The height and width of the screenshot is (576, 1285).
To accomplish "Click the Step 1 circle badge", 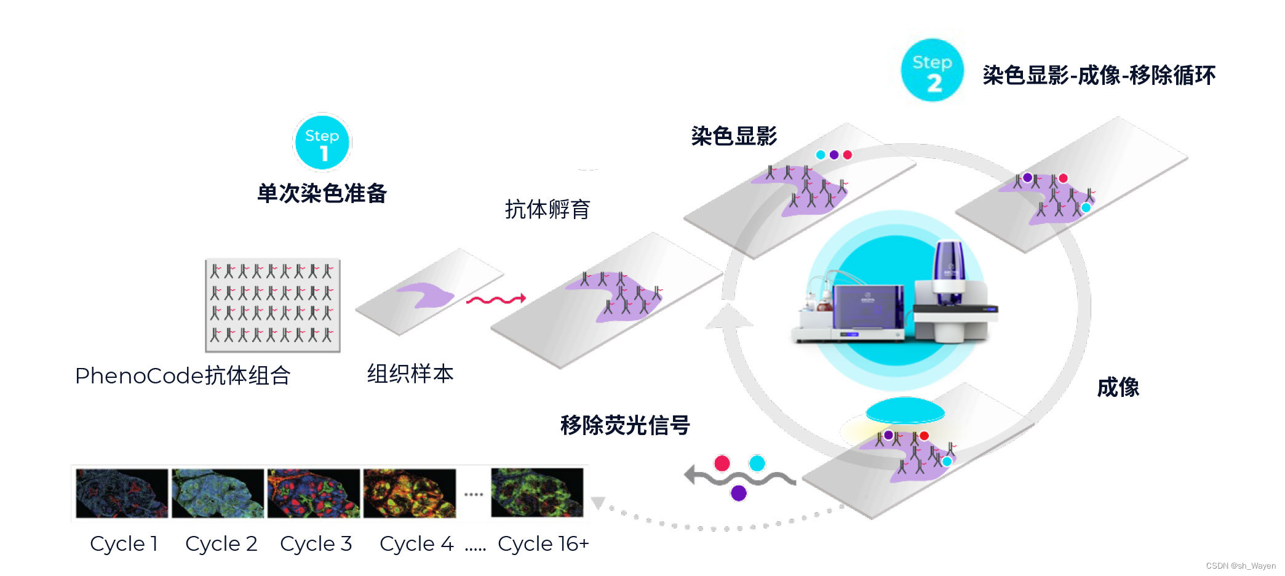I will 322,143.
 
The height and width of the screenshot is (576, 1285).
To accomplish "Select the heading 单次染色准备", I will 322,193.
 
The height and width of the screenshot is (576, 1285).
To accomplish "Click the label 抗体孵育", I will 547,209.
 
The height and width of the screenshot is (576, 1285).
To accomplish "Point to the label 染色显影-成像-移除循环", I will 1099,76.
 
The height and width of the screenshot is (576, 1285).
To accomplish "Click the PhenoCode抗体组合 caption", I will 183,375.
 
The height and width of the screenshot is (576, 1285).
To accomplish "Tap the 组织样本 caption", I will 410,374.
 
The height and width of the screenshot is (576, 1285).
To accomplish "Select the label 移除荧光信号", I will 625,425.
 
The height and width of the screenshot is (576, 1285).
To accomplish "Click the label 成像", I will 1118,388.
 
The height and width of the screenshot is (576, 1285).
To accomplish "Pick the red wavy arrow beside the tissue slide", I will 496,300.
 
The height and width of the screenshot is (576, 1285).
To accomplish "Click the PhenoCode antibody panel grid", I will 273,305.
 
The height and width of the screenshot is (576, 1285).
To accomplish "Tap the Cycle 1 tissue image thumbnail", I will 122,493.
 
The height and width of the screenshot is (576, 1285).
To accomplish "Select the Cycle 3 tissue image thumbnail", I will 314,493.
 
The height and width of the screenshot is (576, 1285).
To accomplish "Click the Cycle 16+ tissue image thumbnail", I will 537,492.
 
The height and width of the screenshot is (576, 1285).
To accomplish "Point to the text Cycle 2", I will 221,544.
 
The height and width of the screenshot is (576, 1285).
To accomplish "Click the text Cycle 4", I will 416,544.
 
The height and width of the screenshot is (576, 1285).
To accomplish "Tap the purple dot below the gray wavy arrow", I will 738,493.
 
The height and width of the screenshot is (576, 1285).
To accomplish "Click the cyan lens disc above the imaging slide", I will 905,410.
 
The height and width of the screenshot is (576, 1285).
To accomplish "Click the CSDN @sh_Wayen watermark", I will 1240,566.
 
